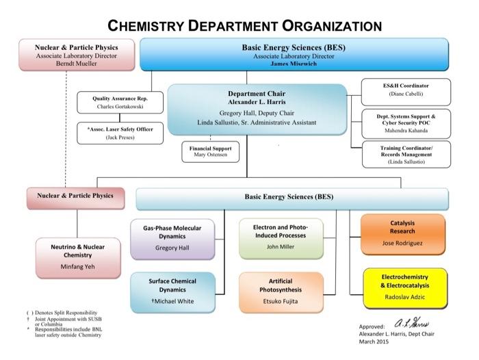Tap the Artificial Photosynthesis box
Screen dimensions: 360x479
(281, 291)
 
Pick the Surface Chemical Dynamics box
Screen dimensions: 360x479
(172, 291)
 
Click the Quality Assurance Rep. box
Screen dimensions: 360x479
(120, 103)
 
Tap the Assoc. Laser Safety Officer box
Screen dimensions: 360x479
(120, 133)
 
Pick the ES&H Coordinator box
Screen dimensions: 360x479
(406, 90)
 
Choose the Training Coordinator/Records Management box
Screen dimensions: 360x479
(406, 154)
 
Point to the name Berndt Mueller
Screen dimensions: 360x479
(77, 63)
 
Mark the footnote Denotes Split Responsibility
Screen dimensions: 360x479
(61, 312)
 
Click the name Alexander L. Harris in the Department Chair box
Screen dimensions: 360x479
(257, 102)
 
